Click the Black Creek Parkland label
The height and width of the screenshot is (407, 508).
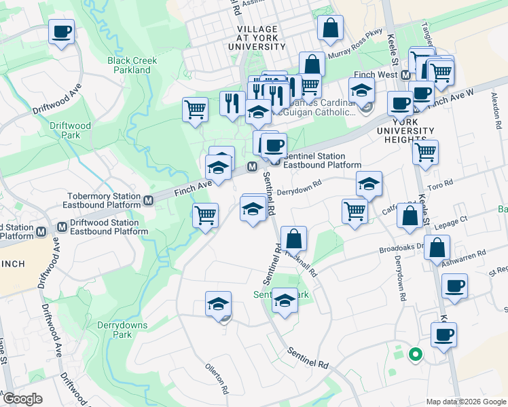pyautogui.click(x=132, y=65)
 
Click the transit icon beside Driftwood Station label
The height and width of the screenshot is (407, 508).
pyautogui.click(x=62, y=227)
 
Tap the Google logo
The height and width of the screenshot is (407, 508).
pyautogui.click(x=23, y=398)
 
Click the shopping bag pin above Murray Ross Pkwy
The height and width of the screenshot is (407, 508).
pyautogui.click(x=330, y=28)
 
